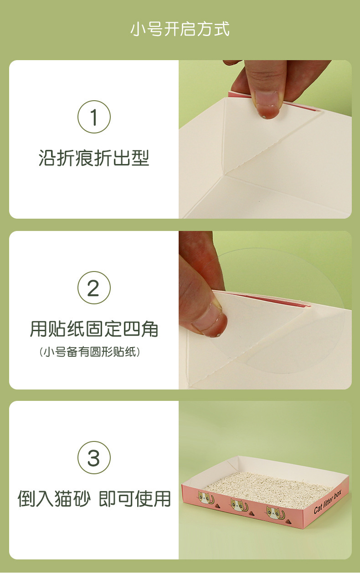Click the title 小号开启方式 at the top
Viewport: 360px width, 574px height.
click(x=180, y=29)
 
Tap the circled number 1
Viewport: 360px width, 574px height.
click(x=94, y=117)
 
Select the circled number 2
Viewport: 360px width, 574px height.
click(x=94, y=288)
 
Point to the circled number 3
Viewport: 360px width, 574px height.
click(x=94, y=458)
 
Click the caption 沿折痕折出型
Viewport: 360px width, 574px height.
click(x=94, y=158)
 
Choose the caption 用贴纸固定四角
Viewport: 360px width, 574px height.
click(x=94, y=329)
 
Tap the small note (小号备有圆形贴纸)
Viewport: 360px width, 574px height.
click(x=90, y=352)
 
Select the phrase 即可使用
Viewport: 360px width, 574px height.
click(x=135, y=499)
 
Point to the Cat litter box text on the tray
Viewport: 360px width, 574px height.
click(x=328, y=502)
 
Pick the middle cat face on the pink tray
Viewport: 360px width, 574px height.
click(x=238, y=505)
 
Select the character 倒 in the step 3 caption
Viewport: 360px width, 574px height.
click(x=27, y=499)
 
